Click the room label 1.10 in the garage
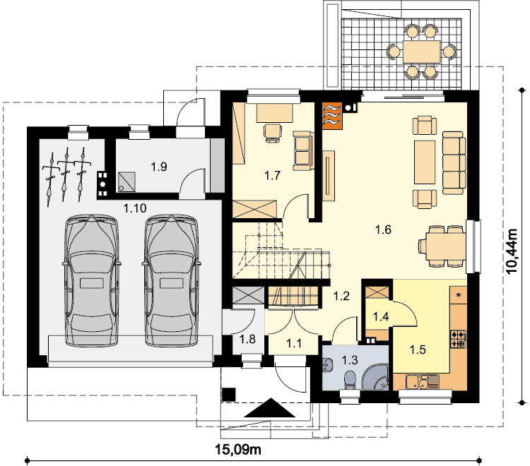[x=135, y=208]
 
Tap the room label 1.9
[x=159, y=167]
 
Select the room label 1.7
[x=272, y=176]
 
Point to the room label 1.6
[x=383, y=229]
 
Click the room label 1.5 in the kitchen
[x=418, y=349]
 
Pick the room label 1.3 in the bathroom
[x=350, y=360]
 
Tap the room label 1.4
[x=381, y=317]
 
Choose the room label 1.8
[x=247, y=339]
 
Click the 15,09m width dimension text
[x=238, y=450]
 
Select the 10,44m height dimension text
[x=512, y=251]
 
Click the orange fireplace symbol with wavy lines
[x=332, y=116]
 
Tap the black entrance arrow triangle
[x=270, y=408]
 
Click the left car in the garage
[x=91, y=280]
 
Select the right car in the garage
[x=171, y=280]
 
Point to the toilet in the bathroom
[x=350, y=380]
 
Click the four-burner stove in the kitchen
[x=459, y=339]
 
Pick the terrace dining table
[x=421, y=52]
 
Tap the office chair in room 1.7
[x=273, y=133]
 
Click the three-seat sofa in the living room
[x=454, y=163]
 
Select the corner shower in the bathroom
[x=376, y=376]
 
